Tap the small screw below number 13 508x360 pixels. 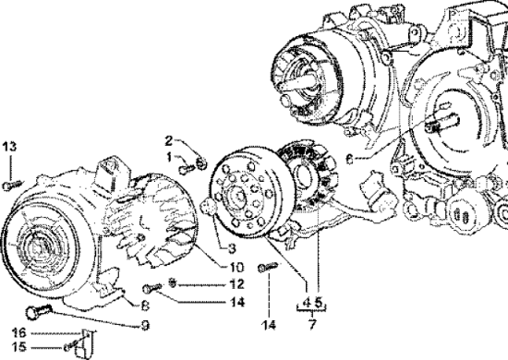[x=10, y=185]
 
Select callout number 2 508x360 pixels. [x=169, y=139]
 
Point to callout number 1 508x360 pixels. [x=169, y=158]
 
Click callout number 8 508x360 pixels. [x=144, y=305]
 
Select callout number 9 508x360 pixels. [x=144, y=324]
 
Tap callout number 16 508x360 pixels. [x=17, y=332]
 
